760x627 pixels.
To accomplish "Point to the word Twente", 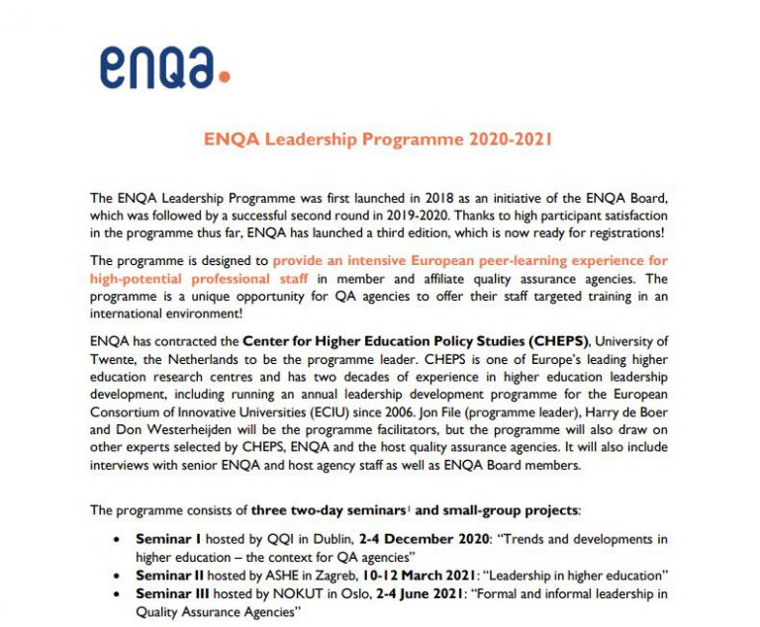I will click(113, 359).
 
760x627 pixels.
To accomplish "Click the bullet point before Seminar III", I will click(117, 593).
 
